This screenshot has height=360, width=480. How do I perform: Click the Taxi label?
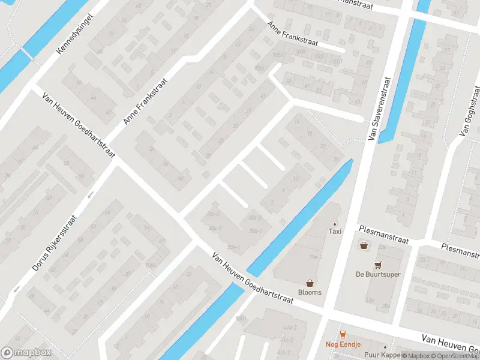335,232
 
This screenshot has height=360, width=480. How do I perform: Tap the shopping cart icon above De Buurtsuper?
378,265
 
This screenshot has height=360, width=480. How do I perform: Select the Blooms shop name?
310,292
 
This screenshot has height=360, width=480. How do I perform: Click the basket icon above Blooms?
310,283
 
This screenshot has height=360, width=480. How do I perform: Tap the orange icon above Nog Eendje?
343,335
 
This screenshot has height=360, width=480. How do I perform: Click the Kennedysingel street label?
76,32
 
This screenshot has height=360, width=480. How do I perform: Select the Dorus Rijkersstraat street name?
55,243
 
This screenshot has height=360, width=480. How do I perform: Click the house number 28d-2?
256,218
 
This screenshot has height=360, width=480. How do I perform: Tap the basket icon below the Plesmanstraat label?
364,245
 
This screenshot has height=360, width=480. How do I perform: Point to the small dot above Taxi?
335,224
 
